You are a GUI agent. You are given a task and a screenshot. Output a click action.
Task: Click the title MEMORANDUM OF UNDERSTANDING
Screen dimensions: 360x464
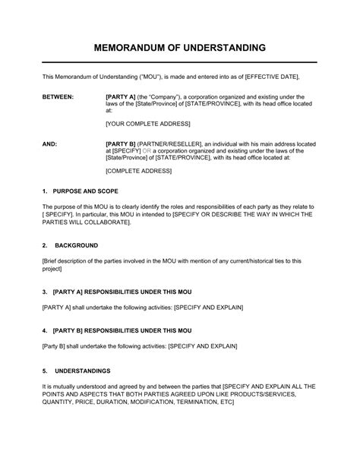pyautogui.click(x=180, y=47)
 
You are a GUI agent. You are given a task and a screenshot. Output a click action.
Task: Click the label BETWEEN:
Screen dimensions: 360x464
pyautogui.click(x=58, y=97)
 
